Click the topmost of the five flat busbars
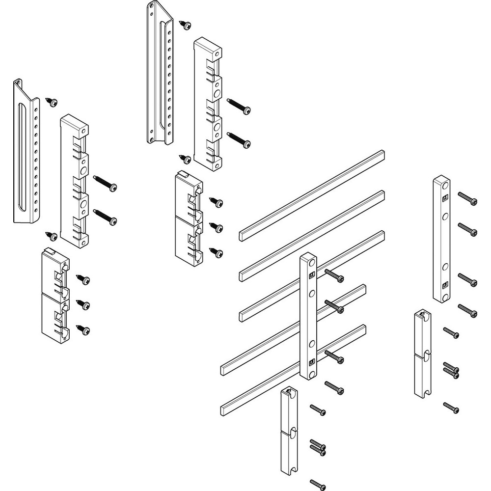(312, 195)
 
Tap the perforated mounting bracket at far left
(26, 152)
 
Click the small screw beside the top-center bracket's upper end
(186, 24)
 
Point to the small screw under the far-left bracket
(51, 236)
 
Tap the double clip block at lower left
(55, 295)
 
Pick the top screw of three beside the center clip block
(217, 202)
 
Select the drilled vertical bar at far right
(441, 239)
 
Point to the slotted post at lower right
(422, 354)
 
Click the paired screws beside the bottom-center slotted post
(318, 447)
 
